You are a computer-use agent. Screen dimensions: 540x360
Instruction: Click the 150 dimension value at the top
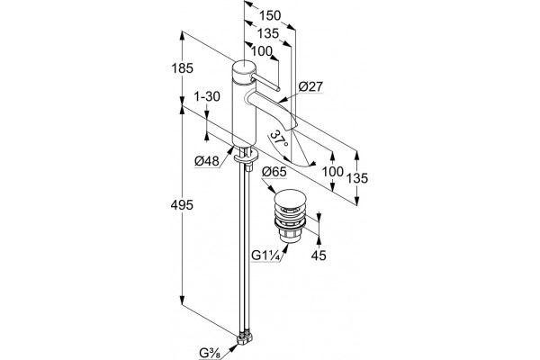pyautogui.click(x=270, y=16)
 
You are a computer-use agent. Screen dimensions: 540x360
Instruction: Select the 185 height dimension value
pyautogui.click(x=182, y=68)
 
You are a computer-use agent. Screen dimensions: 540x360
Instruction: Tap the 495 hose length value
pyautogui.click(x=182, y=205)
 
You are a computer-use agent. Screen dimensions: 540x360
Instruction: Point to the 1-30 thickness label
pyautogui.click(x=207, y=97)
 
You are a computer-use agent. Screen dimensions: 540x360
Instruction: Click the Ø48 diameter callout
pyautogui.click(x=207, y=161)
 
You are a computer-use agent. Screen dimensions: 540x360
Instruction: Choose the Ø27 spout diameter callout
pyautogui.click(x=311, y=86)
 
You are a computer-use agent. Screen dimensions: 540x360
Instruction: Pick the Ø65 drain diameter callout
pyautogui.click(x=274, y=172)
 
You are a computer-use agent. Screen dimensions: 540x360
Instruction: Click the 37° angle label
pyautogui.click(x=279, y=138)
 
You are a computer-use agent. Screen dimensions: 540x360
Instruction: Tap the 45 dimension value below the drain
pyautogui.click(x=319, y=256)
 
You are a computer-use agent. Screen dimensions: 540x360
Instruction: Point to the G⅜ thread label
pyautogui.click(x=209, y=353)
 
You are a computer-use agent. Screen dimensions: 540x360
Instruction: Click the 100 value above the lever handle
pyautogui.click(x=261, y=51)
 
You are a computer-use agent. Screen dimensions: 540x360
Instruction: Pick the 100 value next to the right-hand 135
pyautogui.click(x=332, y=172)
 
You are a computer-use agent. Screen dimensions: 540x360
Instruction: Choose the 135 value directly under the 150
pyautogui.click(x=268, y=33)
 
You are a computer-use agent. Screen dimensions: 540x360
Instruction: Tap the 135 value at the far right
pyautogui.click(x=357, y=178)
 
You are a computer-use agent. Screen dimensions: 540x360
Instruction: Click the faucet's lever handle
pyautogui.click(x=265, y=82)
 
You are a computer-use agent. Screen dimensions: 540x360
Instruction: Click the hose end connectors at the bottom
pyautogui.click(x=244, y=337)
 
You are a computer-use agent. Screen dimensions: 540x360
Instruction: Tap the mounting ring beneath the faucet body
pyautogui.click(x=246, y=157)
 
